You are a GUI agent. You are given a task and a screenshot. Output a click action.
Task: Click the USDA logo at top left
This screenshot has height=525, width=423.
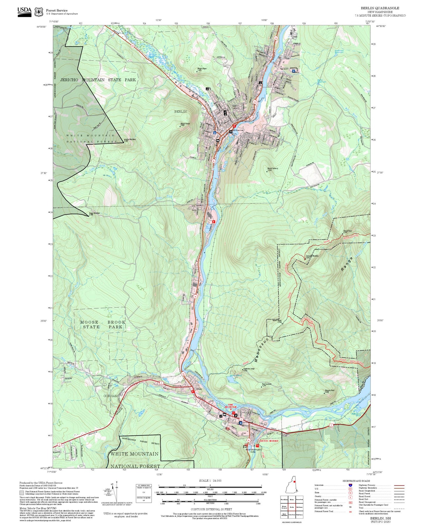pos(24,12)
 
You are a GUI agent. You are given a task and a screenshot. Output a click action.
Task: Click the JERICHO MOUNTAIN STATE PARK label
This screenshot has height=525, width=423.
pos(98,80)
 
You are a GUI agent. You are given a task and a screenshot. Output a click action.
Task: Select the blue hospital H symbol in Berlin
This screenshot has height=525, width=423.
pos(293,71)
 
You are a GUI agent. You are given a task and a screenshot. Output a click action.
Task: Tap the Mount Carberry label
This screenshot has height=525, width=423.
pos(272,169)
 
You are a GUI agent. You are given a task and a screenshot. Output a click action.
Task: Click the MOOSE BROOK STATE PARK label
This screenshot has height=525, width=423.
pos(102,324)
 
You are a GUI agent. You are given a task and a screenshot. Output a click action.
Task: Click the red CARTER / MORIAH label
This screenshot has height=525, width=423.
pos(268,441)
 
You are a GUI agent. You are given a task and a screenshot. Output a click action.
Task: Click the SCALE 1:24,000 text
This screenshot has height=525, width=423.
pos(210,481)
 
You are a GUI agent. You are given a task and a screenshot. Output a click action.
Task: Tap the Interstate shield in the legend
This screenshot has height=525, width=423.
pos(350,485)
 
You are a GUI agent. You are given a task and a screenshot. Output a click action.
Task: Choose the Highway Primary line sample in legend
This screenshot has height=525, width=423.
pos(399,485)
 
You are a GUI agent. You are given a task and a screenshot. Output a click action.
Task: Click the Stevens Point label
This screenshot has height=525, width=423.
pos(329,390)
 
